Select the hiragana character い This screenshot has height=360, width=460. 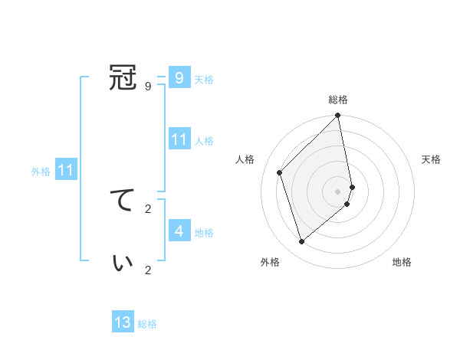[x=123, y=262]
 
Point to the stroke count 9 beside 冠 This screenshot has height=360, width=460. [x=148, y=86]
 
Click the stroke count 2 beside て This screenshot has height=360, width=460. [x=148, y=208]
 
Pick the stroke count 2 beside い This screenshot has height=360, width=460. [x=148, y=270]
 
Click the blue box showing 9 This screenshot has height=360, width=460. [x=179, y=78]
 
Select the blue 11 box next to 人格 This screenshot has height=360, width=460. [x=179, y=139]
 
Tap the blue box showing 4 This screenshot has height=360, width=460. [x=179, y=231]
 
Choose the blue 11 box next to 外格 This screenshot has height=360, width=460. [x=65, y=171]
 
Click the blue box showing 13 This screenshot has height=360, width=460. [x=123, y=322]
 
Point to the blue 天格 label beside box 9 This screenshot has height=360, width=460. [x=204, y=79]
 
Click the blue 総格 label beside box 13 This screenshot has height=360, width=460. [x=147, y=324]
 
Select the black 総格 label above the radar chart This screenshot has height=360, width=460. [x=338, y=100]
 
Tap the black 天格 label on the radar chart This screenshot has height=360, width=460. [x=431, y=159]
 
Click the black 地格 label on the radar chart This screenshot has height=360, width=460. [x=402, y=262]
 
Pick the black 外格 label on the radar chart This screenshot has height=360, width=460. [x=270, y=262]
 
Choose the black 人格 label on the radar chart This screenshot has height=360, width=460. [x=245, y=159]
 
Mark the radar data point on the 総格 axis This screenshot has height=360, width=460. [x=338, y=116]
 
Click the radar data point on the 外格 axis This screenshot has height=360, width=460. [x=302, y=242]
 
